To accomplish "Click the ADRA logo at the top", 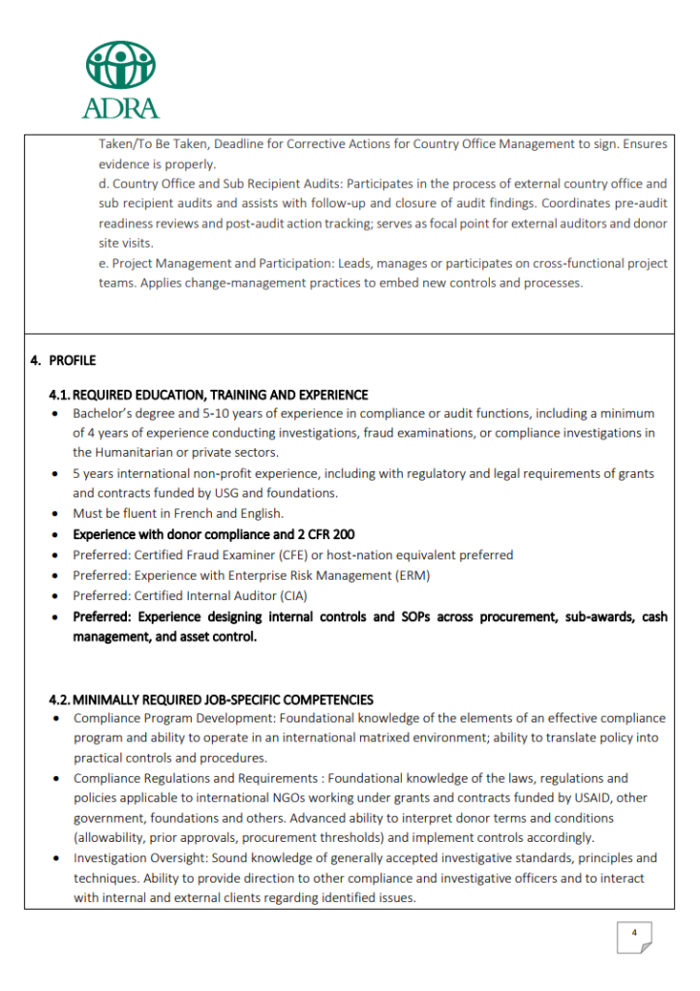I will (121, 79).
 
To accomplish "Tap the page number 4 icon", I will (634, 935).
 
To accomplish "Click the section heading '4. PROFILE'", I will (64, 361).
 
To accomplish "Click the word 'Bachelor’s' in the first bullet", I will (104, 413).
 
